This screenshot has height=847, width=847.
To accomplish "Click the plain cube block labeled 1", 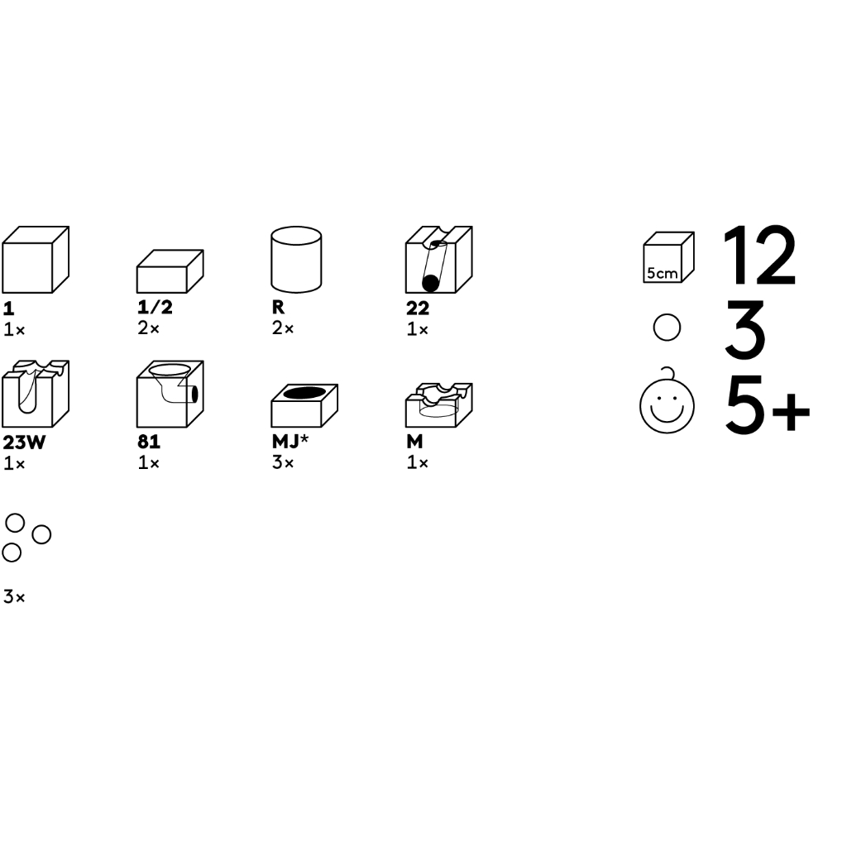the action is (36, 260).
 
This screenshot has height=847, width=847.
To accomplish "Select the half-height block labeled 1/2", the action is (170, 271).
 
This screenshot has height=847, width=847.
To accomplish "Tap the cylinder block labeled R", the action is (296, 260).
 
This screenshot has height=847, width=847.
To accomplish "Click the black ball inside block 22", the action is (430, 283).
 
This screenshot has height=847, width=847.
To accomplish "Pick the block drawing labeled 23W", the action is (36, 394).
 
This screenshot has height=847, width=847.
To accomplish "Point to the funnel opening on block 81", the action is (170, 370).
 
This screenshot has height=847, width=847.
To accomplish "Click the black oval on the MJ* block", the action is (304, 393).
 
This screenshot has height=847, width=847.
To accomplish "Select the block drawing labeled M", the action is (438, 405).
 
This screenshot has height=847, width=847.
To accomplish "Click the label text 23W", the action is (24, 443).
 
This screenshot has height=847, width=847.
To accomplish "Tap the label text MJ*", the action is (290, 442).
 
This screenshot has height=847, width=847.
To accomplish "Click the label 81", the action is (149, 442).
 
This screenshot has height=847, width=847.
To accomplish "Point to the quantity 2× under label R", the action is (283, 328).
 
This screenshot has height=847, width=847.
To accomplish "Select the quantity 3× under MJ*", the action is (283, 462).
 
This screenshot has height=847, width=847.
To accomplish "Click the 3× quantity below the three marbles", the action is (14, 597).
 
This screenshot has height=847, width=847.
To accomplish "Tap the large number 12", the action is (759, 256).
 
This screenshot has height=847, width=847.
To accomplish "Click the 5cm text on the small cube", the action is (663, 273).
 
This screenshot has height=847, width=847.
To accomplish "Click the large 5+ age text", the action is (768, 405).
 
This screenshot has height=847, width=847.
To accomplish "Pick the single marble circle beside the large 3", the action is (667, 328).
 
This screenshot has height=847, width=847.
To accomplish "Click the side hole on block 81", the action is (194, 395).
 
